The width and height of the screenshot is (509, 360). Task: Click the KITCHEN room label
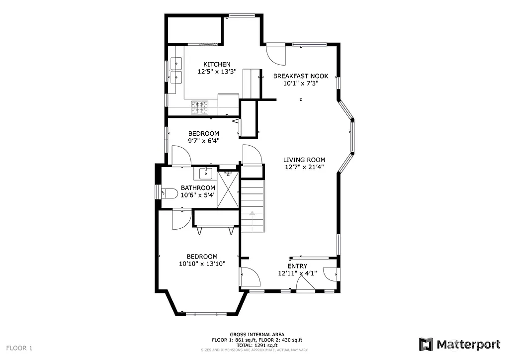pos(217,64)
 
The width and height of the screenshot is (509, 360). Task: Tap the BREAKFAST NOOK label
pos(301,76)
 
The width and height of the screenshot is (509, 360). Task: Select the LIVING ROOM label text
pos(304,160)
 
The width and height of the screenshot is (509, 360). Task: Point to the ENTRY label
pos(297,266)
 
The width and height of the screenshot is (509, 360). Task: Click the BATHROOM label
pos(198,188)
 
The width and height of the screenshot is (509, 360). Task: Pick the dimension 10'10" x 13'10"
pos(202,264)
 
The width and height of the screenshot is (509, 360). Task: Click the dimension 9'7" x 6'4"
pos(203,141)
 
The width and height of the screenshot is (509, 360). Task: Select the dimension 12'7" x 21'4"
pos(304,167)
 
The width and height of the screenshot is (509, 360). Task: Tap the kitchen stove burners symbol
pos(200,106)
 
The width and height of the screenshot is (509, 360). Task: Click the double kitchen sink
pos(176,70)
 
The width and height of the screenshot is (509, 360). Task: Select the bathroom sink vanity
pos(206,174)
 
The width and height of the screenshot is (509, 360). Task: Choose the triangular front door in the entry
pos(305,283)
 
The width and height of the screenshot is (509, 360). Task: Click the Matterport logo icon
pos(426,344)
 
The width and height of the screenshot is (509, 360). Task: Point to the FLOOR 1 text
pos(19,348)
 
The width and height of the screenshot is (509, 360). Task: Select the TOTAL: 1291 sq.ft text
pos(257,345)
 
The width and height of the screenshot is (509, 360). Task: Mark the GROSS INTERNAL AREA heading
pos(257,335)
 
